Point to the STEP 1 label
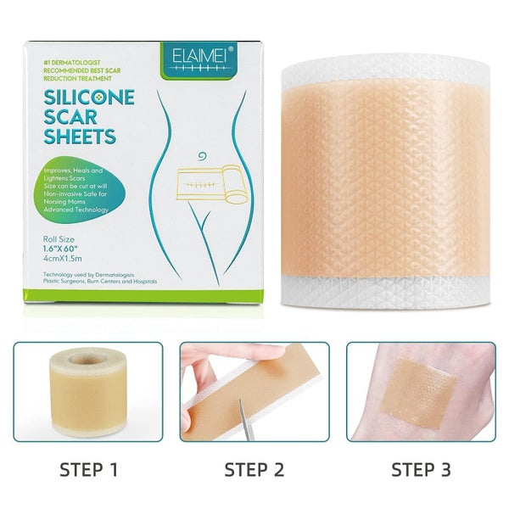(87, 467)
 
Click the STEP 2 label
(254, 467)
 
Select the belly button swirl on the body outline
(200, 156)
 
